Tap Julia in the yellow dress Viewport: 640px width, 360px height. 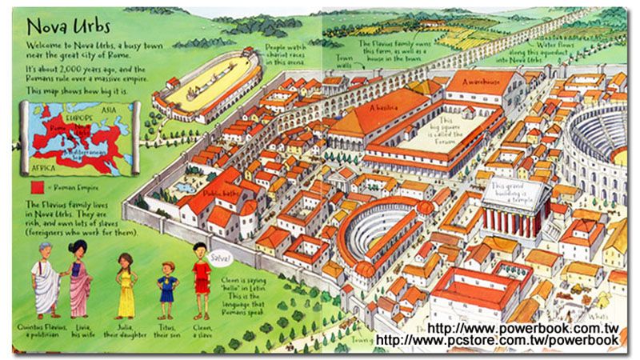coord(126,288)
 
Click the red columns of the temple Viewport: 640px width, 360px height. coord(512,220)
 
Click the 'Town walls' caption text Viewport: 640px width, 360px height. coord(344,62)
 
